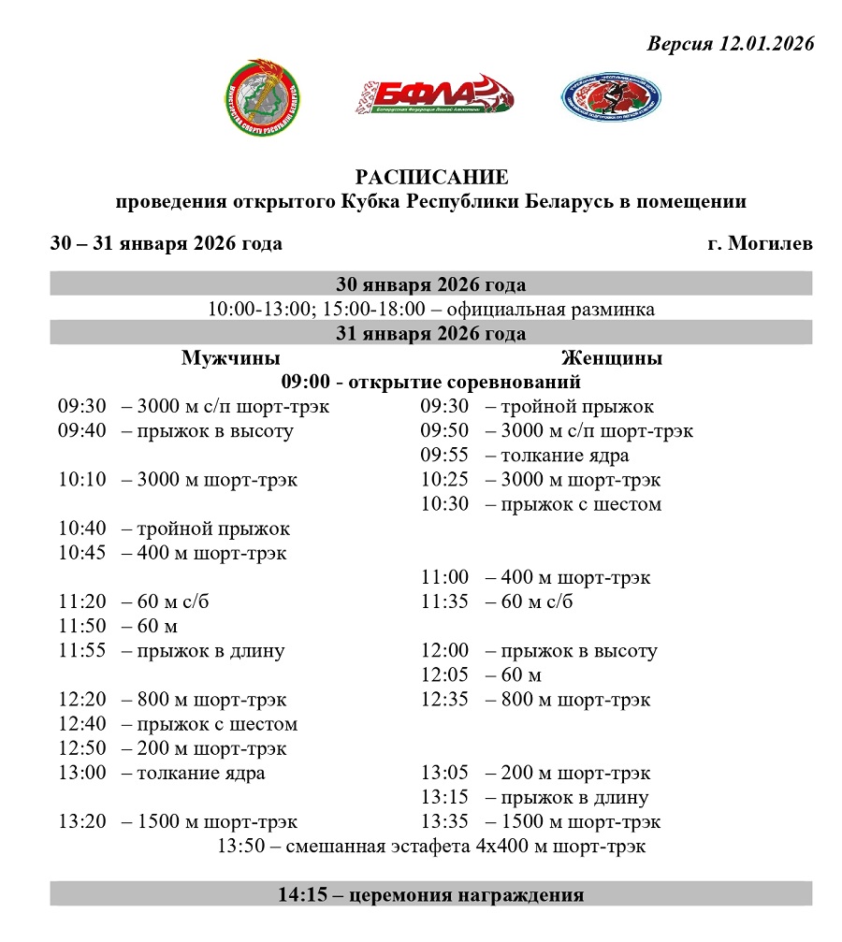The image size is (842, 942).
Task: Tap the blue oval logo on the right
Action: coord(610,96)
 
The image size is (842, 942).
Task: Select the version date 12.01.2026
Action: coord(765,44)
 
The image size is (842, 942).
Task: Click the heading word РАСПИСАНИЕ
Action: coord(431,177)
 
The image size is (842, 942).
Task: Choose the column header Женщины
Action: coord(612,358)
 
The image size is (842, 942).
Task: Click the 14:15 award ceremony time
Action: coord(300,895)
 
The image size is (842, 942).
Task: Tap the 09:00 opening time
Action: coord(305,382)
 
